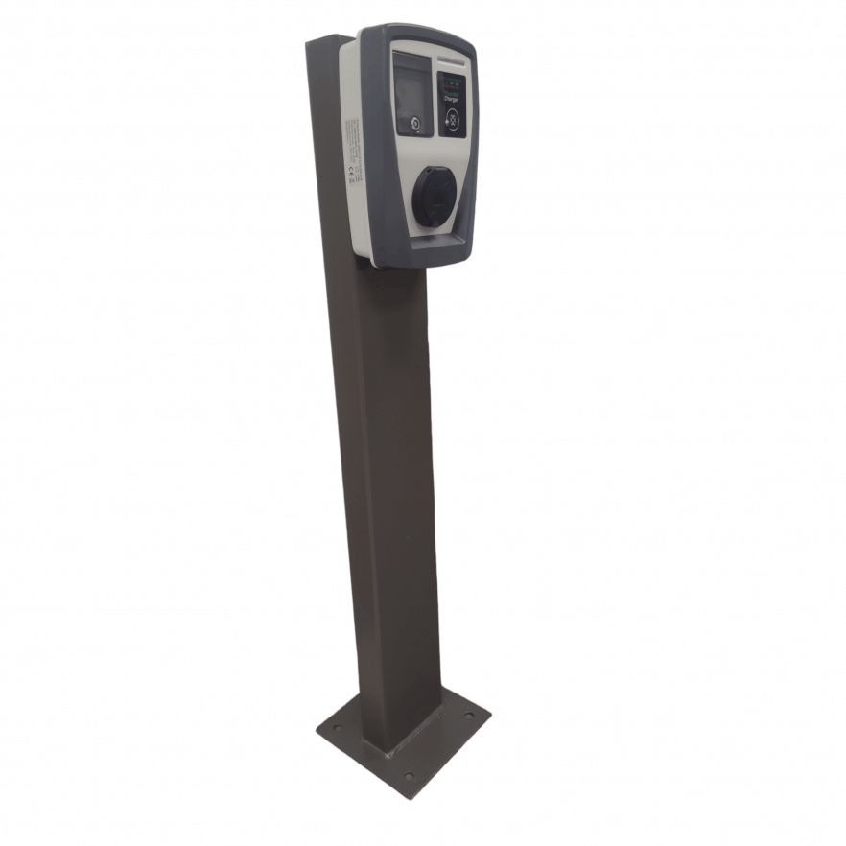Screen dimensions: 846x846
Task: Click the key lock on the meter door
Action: [x=415, y=124]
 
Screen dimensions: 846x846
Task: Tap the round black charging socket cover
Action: [x=433, y=197]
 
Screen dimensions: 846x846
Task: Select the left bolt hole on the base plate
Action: [x=336, y=730]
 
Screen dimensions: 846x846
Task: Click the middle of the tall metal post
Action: [x=384, y=480]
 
